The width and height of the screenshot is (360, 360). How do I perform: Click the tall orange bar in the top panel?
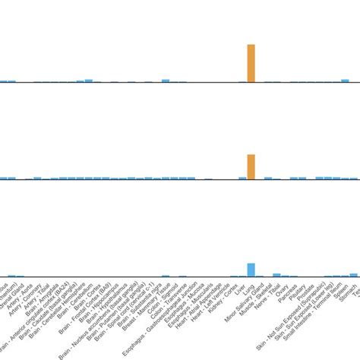pyautogui.click(x=251, y=63)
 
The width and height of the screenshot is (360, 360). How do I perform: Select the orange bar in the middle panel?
pyautogui.click(x=251, y=166)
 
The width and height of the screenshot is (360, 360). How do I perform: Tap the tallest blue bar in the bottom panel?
pyautogui.click(x=251, y=270)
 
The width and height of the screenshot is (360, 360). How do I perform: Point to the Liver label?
pyautogui.click(x=238, y=289)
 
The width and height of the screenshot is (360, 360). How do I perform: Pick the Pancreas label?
pyautogui.click(x=291, y=292)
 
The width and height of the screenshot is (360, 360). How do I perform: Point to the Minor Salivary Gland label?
pyautogui.click(x=242, y=304)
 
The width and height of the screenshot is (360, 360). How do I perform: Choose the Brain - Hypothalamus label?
pyautogui.click(x=115, y=303)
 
